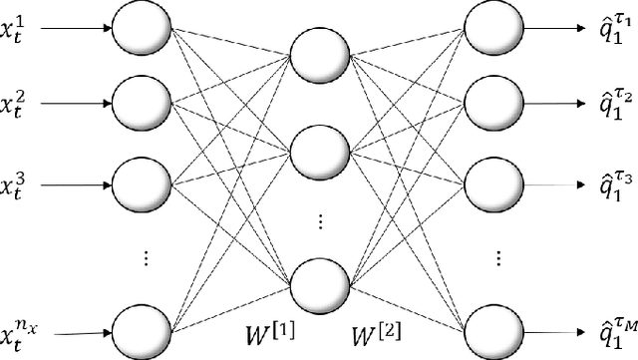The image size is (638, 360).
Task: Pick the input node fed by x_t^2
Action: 144,101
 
